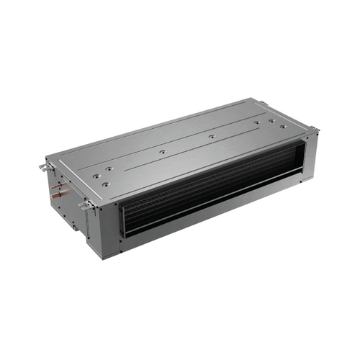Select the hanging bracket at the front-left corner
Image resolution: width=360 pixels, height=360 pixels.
point(85,206)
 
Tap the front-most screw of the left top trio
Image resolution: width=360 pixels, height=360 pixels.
point(105,184)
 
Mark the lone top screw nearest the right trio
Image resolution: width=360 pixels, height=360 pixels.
point(211,135)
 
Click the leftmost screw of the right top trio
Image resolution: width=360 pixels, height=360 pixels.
point(257,122)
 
